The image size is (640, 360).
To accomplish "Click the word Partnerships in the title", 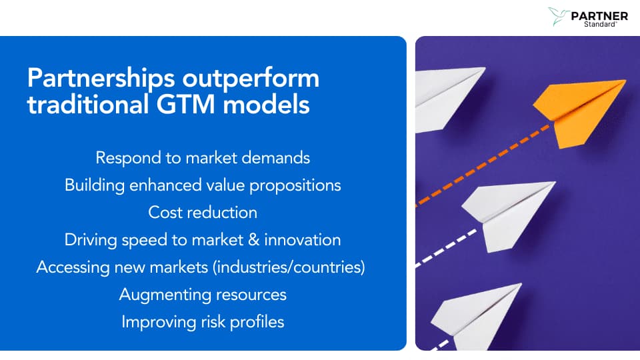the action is pos(101,79).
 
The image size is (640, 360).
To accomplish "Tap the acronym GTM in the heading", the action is pos(185,104).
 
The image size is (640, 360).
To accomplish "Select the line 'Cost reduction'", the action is pos(203,213).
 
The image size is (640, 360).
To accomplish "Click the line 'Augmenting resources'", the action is pos(203,295).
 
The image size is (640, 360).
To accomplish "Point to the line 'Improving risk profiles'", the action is pos(203,323).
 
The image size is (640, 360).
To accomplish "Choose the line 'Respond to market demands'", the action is pos(203,159).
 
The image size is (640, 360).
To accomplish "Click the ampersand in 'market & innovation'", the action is pos(254,240).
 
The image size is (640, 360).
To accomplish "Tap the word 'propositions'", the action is pos(295,186).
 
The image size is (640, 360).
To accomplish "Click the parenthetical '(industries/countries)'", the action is pos(289,267).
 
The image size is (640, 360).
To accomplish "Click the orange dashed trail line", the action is pos(483,165).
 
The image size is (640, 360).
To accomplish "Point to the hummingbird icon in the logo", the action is pos(559,16).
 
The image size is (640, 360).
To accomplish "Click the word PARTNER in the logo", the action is pos(599,16).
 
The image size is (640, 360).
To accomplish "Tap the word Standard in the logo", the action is pos(599,25).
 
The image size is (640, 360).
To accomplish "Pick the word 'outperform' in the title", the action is pos(251,79).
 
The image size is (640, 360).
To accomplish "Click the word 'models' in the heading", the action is pos(266,104).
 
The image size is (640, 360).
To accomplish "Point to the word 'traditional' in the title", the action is pos(88,104).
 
